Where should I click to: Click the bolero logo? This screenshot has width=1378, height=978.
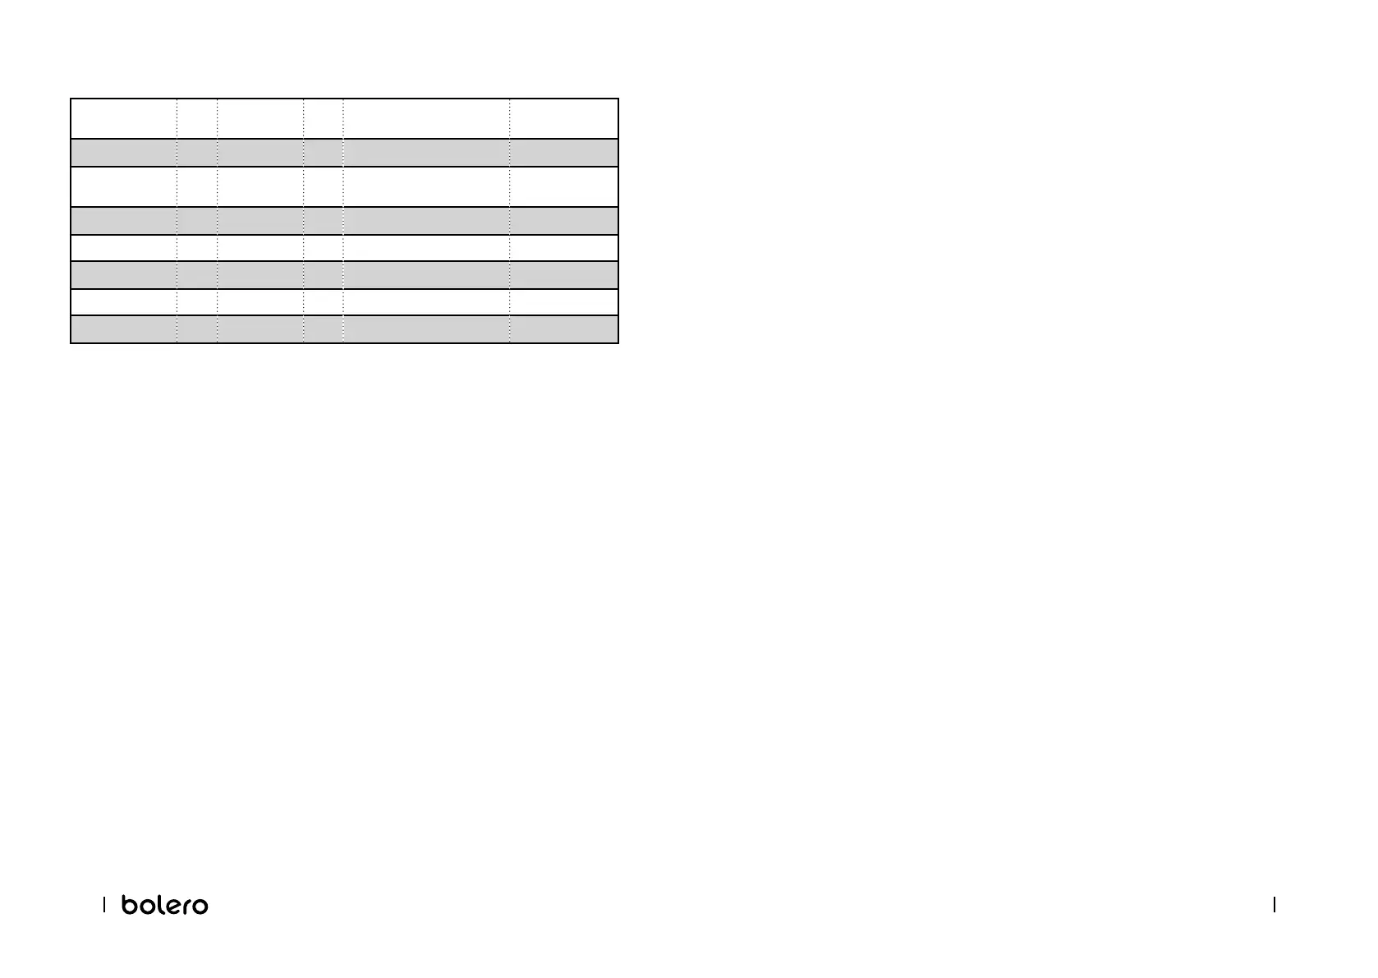(x=164, y=904)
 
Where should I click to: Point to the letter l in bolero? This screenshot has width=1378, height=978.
(x=162, y=903)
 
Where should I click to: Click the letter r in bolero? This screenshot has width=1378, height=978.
(x=186, y=906)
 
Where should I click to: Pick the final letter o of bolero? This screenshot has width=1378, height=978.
(x=200, y=906)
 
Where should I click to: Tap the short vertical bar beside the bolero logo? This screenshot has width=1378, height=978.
(x=104, y=904)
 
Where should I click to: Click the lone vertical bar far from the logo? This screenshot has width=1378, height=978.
(x=1274, y=904)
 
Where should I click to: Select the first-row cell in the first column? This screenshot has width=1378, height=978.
(x=124, y=119)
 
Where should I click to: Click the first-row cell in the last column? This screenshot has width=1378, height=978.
(x=563, y=119)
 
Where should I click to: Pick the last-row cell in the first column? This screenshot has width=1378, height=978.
(x=124, y=329)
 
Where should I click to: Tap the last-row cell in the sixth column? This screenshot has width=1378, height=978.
(x=563, y=329)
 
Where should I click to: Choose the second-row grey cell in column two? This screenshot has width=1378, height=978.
(x=197, y=153)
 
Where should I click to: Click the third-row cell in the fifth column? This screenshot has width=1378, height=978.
(x=426, y=187)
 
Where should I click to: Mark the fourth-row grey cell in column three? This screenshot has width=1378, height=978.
(x=260, y=221)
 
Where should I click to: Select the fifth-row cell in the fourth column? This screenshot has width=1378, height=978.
(x=324, y=248)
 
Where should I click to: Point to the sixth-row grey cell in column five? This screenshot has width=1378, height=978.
(x=426, y=275)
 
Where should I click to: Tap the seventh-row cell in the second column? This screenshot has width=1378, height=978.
(x=197, y=302)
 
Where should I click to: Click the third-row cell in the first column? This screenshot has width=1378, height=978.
(x=124, y=187)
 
